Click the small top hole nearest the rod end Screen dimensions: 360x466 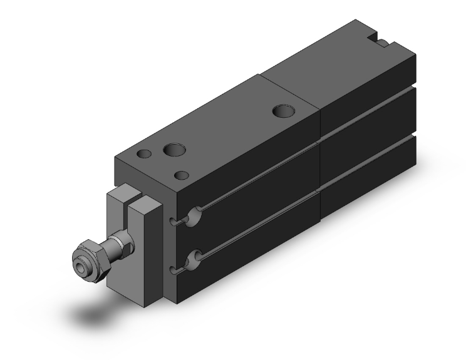(145, 153)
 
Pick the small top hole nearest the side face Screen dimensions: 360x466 (182, 175)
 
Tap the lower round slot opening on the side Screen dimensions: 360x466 (196, 257)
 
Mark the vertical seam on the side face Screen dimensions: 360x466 (320, 169)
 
